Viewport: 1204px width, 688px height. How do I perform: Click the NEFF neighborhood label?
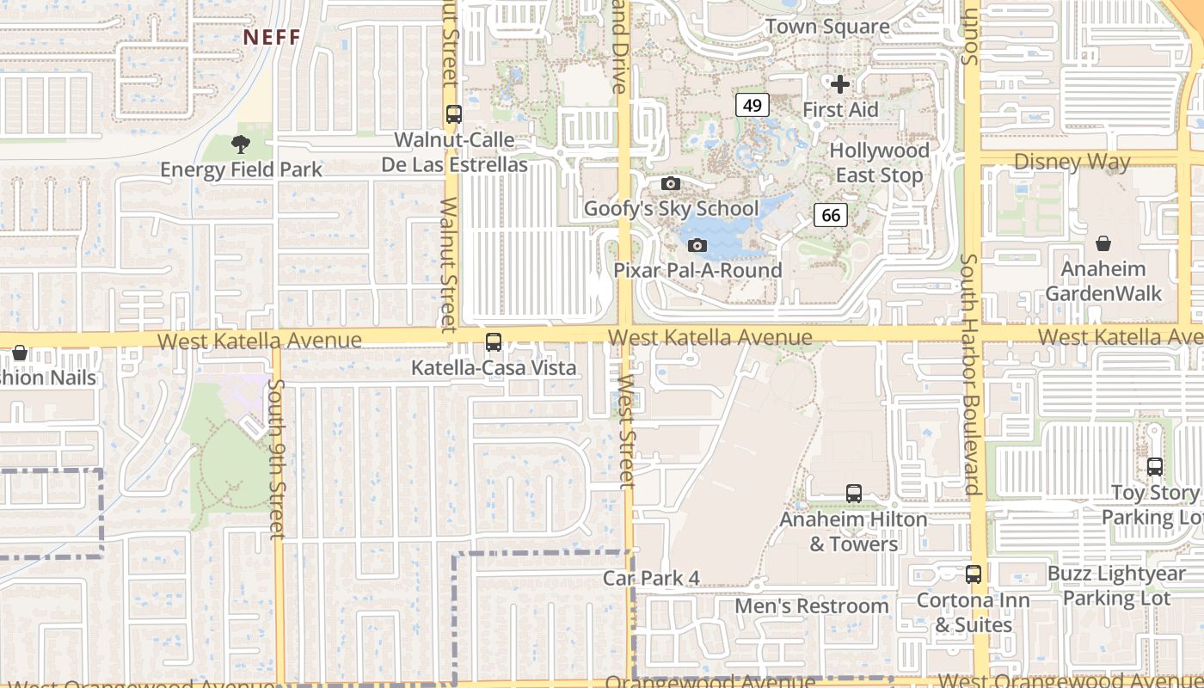pos(271,37)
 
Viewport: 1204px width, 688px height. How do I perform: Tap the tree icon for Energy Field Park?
pos(241,144)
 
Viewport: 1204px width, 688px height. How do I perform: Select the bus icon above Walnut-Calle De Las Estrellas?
pos(454,114)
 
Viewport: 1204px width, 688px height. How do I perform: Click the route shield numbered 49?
pos(752,105)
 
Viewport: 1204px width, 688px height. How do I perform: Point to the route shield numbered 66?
pos(831,215)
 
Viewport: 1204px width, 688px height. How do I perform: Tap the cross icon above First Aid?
pos(840,84)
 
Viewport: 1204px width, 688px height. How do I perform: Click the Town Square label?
pos(826,27)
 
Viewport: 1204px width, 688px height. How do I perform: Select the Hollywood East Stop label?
pos(879,163)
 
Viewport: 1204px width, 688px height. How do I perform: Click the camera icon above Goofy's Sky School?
pos(671,183)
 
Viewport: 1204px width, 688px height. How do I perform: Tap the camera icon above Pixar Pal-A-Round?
pos(697,246)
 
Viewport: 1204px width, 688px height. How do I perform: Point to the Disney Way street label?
pos(1072,162)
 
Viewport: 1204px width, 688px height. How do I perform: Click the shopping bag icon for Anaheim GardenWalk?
pos(1103,244)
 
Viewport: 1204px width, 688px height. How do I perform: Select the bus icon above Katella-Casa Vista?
pos(494,342)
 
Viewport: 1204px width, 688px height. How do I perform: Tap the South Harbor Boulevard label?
pos(970,374)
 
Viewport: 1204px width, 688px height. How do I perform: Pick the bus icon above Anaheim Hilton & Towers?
pos(853,494)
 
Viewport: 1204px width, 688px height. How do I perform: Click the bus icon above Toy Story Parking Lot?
pos(1154,467)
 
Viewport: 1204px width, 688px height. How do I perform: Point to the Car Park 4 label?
pos(651,578)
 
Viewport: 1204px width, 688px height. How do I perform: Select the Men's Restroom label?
pos(811,606)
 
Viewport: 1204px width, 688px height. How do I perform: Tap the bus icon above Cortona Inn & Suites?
pos(974,574)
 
